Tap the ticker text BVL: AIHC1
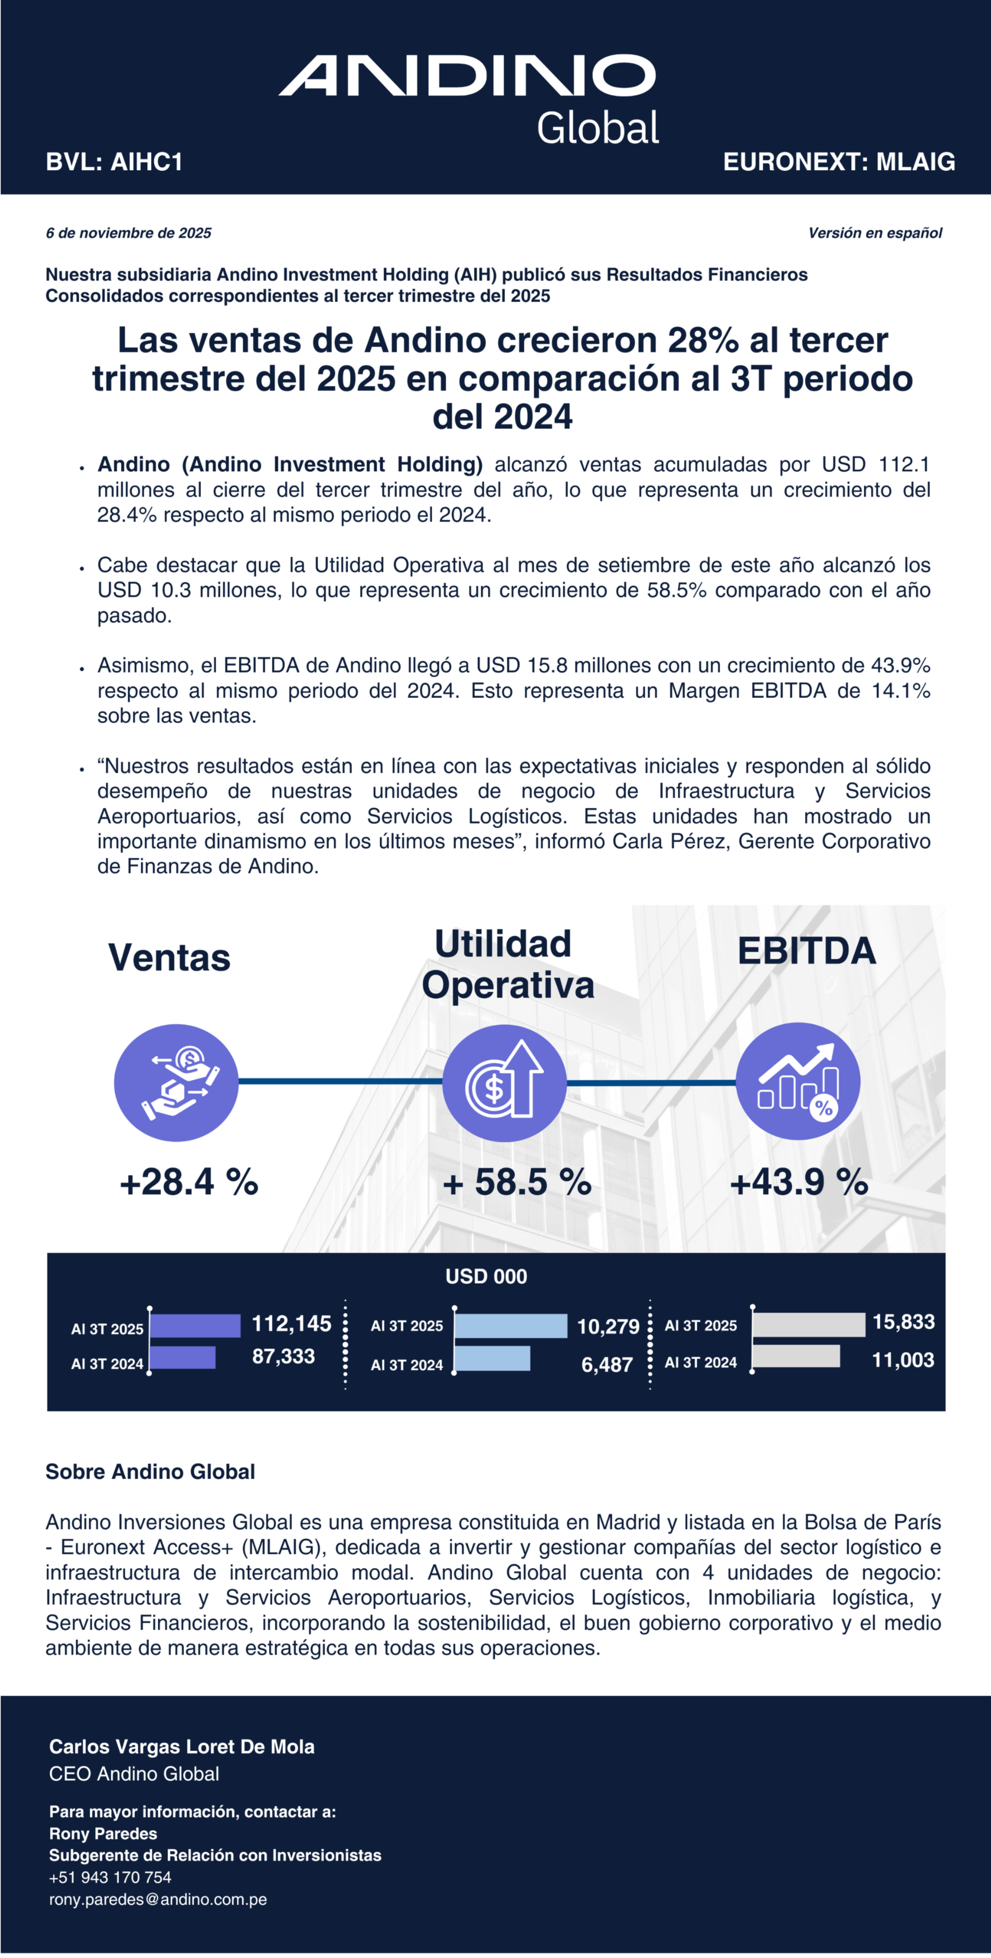pyautogui.click(x=114, y=162)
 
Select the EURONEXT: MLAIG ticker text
pyautogui.click(x=839, y=162)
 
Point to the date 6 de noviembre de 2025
pyautogui.click(x=129, y=233)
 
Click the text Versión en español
pyautogui.click(x=875, y=233)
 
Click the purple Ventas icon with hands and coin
pyautogui.click(x=176, y=1082)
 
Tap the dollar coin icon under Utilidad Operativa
pyautogui.click(x=504, y=1082)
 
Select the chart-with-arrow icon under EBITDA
pyautogui.click(x=798, y=1081)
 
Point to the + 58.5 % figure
pyautogui.click(x=517, y=1182)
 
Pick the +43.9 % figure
pyautogui.click(x=799, y=1182)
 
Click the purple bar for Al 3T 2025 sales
pyautogui.click(x=195, y=1326)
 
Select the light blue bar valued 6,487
pyautogui.click(x=492, y=1358)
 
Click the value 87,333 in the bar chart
pyautogui.click(x=284, y=1356)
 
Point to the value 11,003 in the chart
pyautogui.click(x=903, y=1360)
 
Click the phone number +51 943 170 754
pyautogui.click(x=110, y=1877)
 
